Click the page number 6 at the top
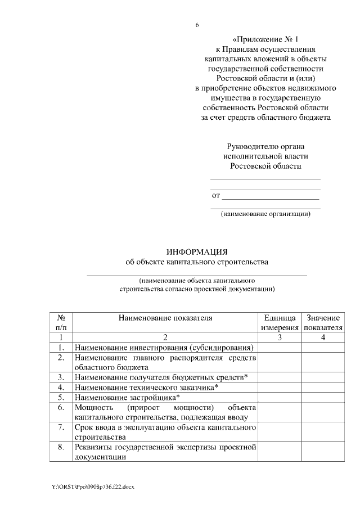click(x=197, y=25)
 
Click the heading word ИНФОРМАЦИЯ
click(x=197, y=251)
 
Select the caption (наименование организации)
click(x=265, y=214)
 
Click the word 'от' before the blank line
click(x=215, y=196)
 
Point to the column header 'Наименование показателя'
click(x=165, y=318)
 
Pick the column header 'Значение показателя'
click(x=322, y=323)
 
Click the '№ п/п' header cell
click(x=61, y=323)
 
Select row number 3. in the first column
click(x=61, y=377)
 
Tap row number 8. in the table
click(x=61, y=448)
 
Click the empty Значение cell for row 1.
click(x=322, y=348)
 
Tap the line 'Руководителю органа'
click(x=265, y=146)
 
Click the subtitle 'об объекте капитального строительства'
click(x=197, y=262)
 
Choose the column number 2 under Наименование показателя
click(x=165, y=337)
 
